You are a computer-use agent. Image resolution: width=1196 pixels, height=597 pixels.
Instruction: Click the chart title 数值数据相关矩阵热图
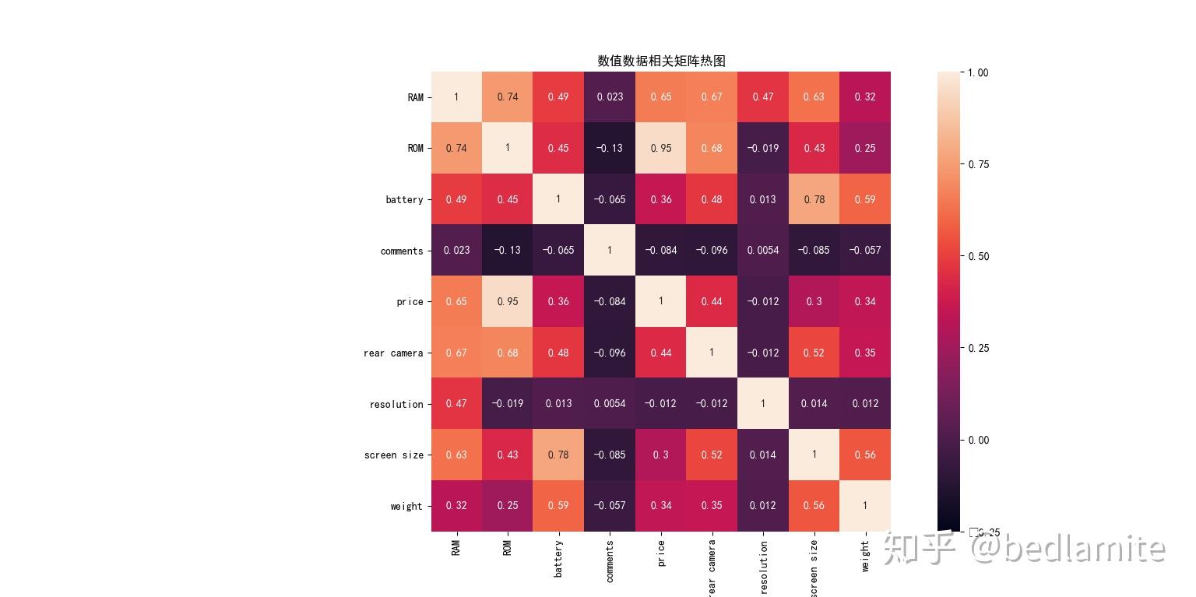(x=661, y=61)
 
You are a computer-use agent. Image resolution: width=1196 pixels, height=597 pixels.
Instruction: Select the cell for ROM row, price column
(x=661, y=148)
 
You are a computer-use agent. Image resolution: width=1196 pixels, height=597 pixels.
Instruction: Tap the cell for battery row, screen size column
(x=814, y=199)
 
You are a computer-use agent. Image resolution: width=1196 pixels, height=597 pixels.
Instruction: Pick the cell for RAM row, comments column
(x=610, y=97)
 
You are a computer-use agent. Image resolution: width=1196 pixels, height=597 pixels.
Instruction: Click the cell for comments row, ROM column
(x=508, y=251)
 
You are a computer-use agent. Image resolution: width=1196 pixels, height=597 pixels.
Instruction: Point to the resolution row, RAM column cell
(x=456, y=404)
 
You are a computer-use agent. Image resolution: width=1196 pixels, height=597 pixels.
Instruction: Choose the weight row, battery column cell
(x=558, y=506)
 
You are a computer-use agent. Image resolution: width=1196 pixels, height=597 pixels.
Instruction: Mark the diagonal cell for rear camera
(x=712, y=353)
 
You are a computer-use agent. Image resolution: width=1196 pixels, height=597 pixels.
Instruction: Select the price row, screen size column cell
(x=814, y=301)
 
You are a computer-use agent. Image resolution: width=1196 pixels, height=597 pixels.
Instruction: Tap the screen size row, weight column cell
(x=865, y=455)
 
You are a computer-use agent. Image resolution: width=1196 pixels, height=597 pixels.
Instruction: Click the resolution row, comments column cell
(x=610, y=404)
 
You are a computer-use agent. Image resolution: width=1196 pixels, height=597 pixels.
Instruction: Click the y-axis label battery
(x=404, y=200)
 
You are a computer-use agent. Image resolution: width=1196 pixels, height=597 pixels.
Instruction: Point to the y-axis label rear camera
(x=393, y=353)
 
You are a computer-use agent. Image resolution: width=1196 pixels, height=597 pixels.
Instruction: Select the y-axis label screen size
(x=393, y=455)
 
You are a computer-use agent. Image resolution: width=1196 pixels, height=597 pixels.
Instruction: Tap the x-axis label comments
(x=610, y=561)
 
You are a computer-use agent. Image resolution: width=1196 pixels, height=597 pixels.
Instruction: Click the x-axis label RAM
(x=456, y=547)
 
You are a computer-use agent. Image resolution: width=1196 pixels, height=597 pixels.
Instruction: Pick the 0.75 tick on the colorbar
(x=978, y=164)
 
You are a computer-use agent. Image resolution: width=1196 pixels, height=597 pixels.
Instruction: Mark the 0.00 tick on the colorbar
(x=978, y=440)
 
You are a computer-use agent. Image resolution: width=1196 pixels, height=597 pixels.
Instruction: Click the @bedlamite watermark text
(x=1068, y=548)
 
